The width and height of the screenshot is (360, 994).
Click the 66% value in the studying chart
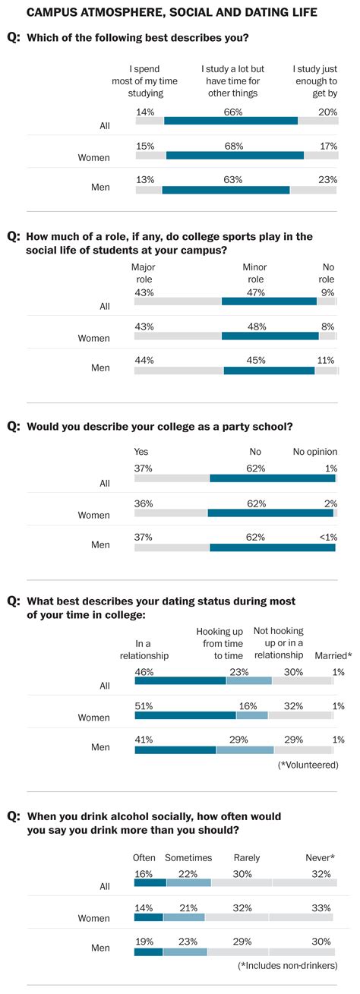point(232,112)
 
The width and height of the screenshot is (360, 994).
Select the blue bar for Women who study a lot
point(235,155)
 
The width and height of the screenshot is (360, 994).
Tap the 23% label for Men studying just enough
point(328,179)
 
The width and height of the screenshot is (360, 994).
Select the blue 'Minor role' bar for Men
point(269,371)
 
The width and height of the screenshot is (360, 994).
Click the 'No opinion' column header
point(315,452)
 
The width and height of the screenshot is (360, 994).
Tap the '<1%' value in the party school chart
point(328,536)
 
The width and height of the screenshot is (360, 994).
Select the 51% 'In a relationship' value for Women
point(144,705)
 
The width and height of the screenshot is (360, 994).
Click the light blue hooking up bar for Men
point(245,750)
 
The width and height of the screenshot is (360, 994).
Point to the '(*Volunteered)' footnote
point(308,765)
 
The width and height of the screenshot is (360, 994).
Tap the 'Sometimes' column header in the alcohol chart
point(188,857)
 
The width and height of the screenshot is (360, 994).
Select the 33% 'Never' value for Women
point(321,906)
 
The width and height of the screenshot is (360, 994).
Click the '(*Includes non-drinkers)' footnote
point(289,965)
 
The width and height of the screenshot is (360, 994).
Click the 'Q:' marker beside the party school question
point(14,427)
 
